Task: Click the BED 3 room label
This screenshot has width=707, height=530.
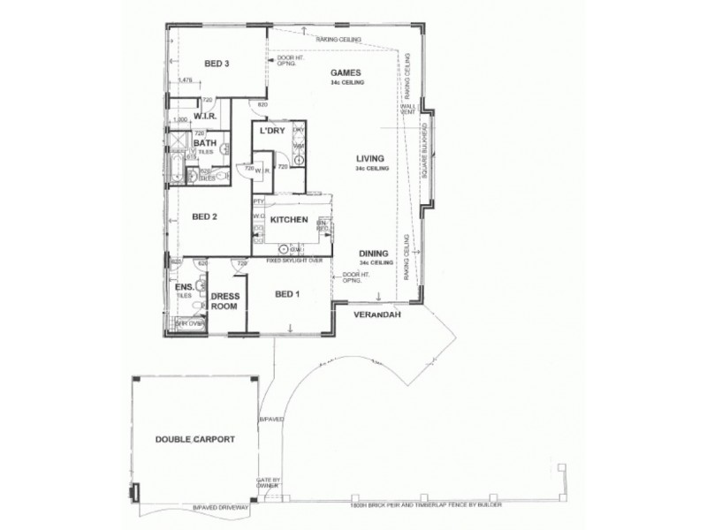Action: (217, 63)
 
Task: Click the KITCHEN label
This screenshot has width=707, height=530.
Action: (288, 218)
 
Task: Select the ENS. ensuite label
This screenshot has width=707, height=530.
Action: (184, 288)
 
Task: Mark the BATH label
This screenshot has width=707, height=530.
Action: (204, 142)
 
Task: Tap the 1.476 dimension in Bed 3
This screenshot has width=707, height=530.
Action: (186, 81)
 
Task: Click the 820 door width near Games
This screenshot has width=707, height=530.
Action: (262, 105)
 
